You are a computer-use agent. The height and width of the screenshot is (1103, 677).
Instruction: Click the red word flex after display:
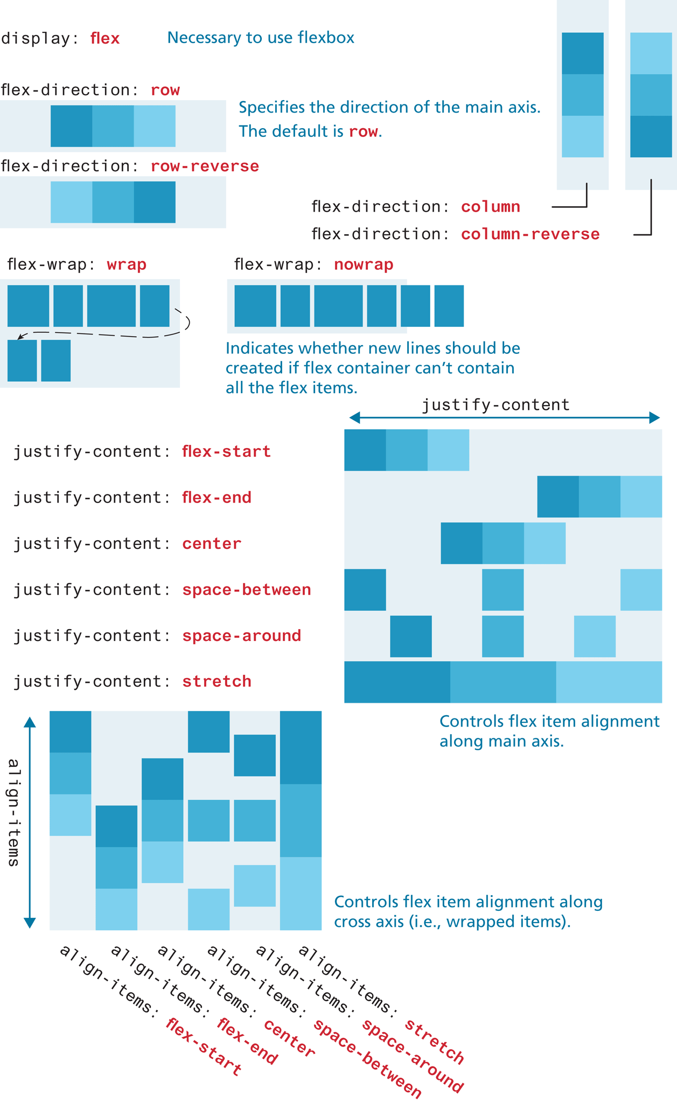tap(105, 39)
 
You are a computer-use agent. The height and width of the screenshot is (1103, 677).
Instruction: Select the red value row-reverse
tap(205, 166)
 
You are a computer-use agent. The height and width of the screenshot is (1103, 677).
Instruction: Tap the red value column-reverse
tap(530, 234)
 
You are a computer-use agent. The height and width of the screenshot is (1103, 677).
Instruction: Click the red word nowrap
tap(364, 265)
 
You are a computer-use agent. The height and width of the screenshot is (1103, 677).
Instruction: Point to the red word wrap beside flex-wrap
tap(127, 265)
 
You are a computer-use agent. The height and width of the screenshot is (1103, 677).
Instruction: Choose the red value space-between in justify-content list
tap(246, 590)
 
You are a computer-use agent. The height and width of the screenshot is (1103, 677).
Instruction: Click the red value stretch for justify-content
tap(217, 681)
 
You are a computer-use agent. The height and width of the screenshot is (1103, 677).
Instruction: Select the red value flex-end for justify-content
tap(217, 498)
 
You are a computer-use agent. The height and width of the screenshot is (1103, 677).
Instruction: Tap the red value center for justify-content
tap(212, 544)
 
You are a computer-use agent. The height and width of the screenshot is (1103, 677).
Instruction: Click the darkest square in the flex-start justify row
tap(365, 450)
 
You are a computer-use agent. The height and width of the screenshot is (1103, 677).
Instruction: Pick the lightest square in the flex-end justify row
tap(641, 497)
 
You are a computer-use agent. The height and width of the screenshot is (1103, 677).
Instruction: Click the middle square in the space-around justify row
tap(502, 636)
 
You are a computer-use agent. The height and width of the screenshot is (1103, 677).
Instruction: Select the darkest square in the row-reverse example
tap(155, 202)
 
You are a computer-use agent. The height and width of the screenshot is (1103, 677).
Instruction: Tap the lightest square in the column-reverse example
tap(651, 53)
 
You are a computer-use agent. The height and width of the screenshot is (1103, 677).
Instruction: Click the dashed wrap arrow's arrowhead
tap(20, 337)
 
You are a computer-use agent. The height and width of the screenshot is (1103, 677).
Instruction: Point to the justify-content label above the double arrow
tap(495, 405)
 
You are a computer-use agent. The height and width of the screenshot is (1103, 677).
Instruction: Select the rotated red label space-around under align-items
tap(413, 1056)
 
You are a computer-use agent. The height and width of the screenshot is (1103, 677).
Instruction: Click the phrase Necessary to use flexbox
tap(261, 38)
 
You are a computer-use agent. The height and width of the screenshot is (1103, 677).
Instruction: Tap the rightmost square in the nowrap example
tap(449, 306)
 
